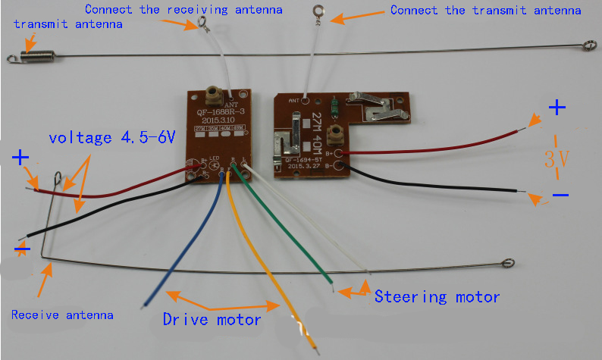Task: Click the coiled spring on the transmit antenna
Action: tap(27, 55)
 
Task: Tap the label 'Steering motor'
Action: tap(437, 296)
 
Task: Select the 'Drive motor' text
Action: tap(212, 319)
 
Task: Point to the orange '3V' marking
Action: tap(557, 158)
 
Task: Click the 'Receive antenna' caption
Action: tap(62, 315)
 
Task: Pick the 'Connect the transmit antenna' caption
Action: tap(485, 11)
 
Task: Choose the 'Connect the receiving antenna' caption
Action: tap(183, 10)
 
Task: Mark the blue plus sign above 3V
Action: tap(557, 108)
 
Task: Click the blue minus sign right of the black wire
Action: tap(560, 195)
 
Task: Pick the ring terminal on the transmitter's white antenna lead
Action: tap(319, 11)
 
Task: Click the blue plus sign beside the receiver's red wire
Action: tap(20, 158)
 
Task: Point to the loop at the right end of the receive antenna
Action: tap(508, 265)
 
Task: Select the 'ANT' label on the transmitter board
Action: tap(293, 99)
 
